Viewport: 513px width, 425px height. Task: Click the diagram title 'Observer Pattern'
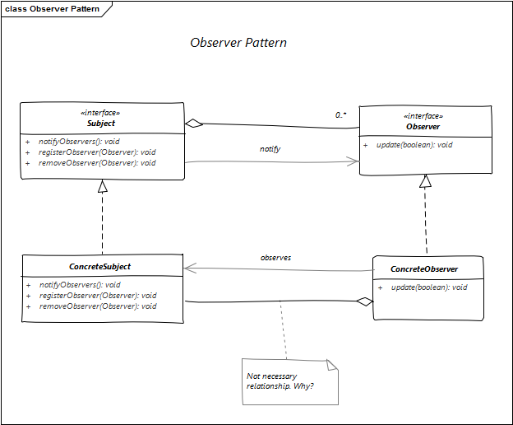pos(238,43)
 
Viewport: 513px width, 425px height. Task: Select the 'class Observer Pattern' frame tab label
pos(53,10)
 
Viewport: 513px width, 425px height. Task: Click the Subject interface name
pos(101,124)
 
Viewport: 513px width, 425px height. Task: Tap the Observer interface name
pos(423,127)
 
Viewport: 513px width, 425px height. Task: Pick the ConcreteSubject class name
pos(101,267)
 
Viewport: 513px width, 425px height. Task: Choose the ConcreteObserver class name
pos(424,269)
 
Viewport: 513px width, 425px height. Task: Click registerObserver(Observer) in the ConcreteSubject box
pos(98,296)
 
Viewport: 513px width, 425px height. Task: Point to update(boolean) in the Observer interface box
pos(409,145)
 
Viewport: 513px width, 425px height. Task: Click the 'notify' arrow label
pos(270,149)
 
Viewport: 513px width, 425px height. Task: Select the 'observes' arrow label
pos(276,258)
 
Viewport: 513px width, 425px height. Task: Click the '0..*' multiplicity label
pos(341,115)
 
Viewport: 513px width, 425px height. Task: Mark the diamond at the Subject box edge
pos(193,124)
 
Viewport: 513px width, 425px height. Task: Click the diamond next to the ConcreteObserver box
pos(364,302)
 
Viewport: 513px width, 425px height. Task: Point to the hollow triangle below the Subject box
pos(102,186)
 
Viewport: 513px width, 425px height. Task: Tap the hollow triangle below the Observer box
pos(425,182)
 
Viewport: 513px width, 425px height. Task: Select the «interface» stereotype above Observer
pos(423,116)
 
